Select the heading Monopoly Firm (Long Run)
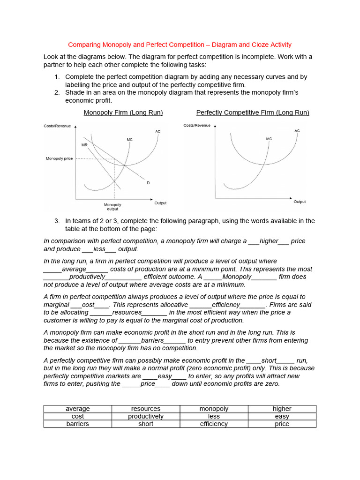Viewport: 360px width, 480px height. tap(123, 112)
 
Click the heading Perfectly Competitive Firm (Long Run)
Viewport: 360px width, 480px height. tap(253, 112)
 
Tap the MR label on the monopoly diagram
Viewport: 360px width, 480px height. tap(84, 145)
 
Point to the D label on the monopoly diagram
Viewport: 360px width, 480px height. tap(148, 182)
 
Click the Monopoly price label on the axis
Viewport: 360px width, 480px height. tap(59, 158)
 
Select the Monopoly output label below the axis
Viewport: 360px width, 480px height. tap(112, 207)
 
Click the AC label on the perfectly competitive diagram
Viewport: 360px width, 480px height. tap(297, 131)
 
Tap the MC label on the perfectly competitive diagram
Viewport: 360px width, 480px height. tap(269, 139)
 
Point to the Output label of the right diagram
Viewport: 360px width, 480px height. tap(300, 202)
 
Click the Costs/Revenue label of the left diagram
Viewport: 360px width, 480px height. tap(57, 126)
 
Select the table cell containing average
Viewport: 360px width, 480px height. tap(78, 409)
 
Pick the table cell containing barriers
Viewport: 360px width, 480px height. tap(78, 424)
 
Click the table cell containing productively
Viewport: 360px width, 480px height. tap(146, 416)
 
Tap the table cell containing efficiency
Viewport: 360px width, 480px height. tap(214, 424)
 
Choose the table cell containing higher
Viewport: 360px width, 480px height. tap(282, 409)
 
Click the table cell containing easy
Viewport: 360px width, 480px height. tap(282, 416)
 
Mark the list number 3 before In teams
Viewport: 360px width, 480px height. tap(57, 221)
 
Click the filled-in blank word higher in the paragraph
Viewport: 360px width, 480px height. tap(269, 241)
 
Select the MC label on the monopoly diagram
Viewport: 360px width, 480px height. tap(129, 140)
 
